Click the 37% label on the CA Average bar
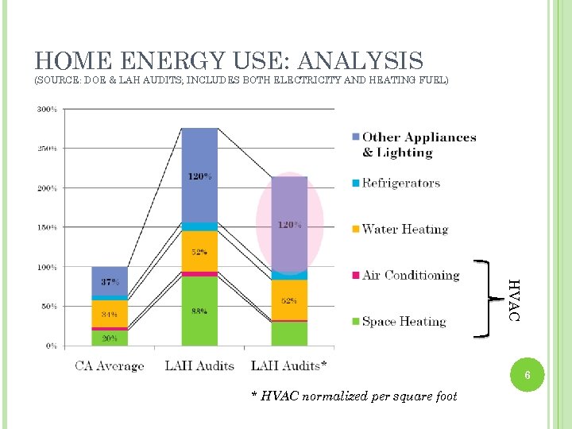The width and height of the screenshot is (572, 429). coord(110,283)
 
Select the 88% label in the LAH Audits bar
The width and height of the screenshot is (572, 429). coord(199,311)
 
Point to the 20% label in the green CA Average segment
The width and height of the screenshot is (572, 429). coord(110,338)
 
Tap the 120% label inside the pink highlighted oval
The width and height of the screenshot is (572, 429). coord(289,225)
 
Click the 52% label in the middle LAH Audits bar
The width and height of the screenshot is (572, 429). coord(199,252)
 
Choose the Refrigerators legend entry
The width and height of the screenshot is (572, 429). coord(400,184)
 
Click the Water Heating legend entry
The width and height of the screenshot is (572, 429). coord(404,230)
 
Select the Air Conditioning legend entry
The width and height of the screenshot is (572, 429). coord(410,276)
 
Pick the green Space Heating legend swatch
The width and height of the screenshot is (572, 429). coord(355,322)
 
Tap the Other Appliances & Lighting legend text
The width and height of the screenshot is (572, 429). coord(419,145)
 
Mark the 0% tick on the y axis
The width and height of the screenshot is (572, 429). coord(51,346)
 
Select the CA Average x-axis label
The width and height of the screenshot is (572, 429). coord(110,366)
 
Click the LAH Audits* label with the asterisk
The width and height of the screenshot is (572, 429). coord(288,366)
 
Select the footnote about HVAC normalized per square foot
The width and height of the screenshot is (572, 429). coord(354,396)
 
